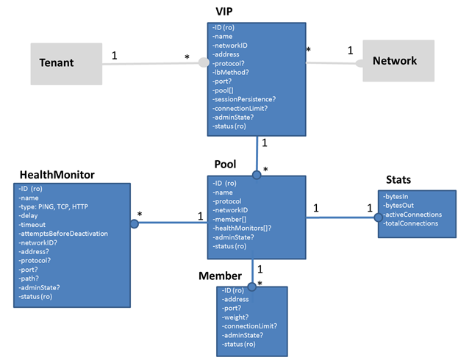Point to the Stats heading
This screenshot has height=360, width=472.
[x=398, y=179]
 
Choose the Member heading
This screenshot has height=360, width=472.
[x=220, y=276]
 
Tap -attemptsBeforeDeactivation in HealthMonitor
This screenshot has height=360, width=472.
[x=63, y=234]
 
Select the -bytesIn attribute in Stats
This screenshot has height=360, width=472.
[x=398, y=196]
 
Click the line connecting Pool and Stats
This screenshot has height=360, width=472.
[x=342, y=217]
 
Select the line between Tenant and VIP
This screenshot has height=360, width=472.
[x=151, y=64]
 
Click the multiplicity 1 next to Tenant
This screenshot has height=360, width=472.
[x=115, y=55]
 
